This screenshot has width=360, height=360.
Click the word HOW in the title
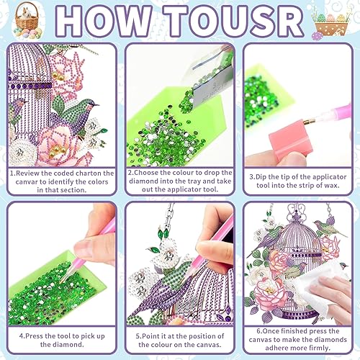103,21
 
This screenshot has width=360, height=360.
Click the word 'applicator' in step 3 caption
329,177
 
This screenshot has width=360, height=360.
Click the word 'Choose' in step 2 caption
146,173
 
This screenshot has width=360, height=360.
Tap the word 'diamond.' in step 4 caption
62,345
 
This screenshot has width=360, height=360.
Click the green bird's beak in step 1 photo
96,104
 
